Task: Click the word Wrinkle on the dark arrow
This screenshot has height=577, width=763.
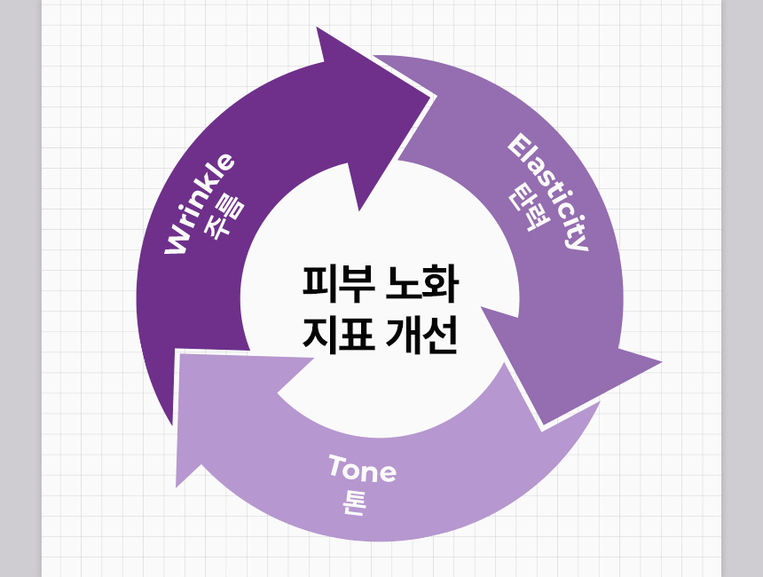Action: (x=200, y=203)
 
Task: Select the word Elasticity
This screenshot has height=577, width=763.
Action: (x=548, y=192)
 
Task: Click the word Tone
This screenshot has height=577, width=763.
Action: (x=362, y=469)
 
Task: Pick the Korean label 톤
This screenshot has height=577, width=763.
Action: (x=354, y=502)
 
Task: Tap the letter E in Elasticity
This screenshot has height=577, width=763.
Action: (x=519, y=145)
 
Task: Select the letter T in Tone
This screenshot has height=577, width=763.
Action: (x=335, y=463)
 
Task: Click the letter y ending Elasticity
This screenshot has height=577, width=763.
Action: (x=578, y=241)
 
